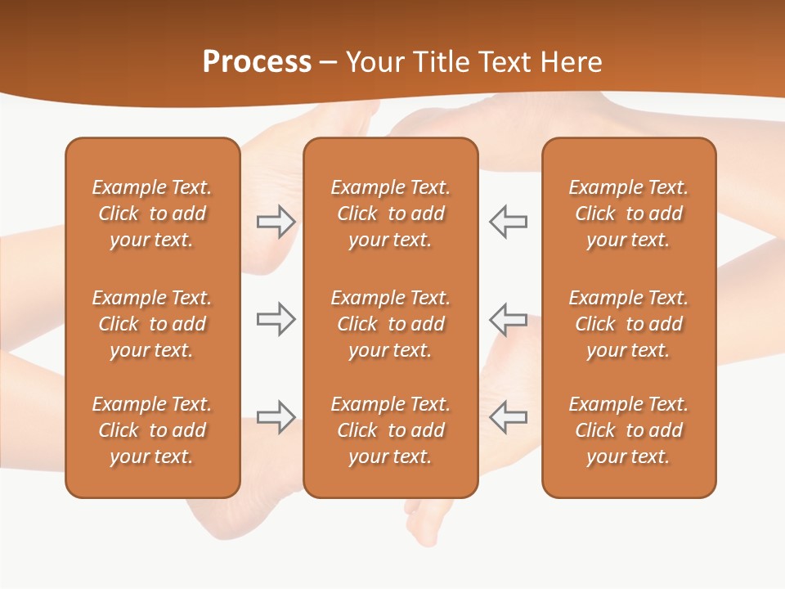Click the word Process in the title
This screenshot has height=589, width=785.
point(257,62)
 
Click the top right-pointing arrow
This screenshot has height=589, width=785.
point(276,222)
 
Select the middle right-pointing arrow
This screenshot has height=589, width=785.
point(276,319)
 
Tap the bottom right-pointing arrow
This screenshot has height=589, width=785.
point(276,416)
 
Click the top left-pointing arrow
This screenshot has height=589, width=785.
point(508,222)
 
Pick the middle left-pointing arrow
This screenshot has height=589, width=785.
point(508,319)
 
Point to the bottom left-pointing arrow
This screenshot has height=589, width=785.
point(508,416)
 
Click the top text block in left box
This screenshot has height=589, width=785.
point(152,214)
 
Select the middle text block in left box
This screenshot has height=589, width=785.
point(152,324)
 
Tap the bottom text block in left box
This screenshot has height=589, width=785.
point(152,430)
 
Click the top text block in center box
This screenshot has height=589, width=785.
point(390,214)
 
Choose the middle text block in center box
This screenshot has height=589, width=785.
point(390,324)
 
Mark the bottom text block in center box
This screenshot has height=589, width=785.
point(390,430)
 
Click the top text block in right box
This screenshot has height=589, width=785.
point(628,214)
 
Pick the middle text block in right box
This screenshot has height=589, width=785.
point(628,324)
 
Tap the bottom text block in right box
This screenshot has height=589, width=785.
point(628,430)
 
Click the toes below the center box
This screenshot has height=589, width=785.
point(425,524)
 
